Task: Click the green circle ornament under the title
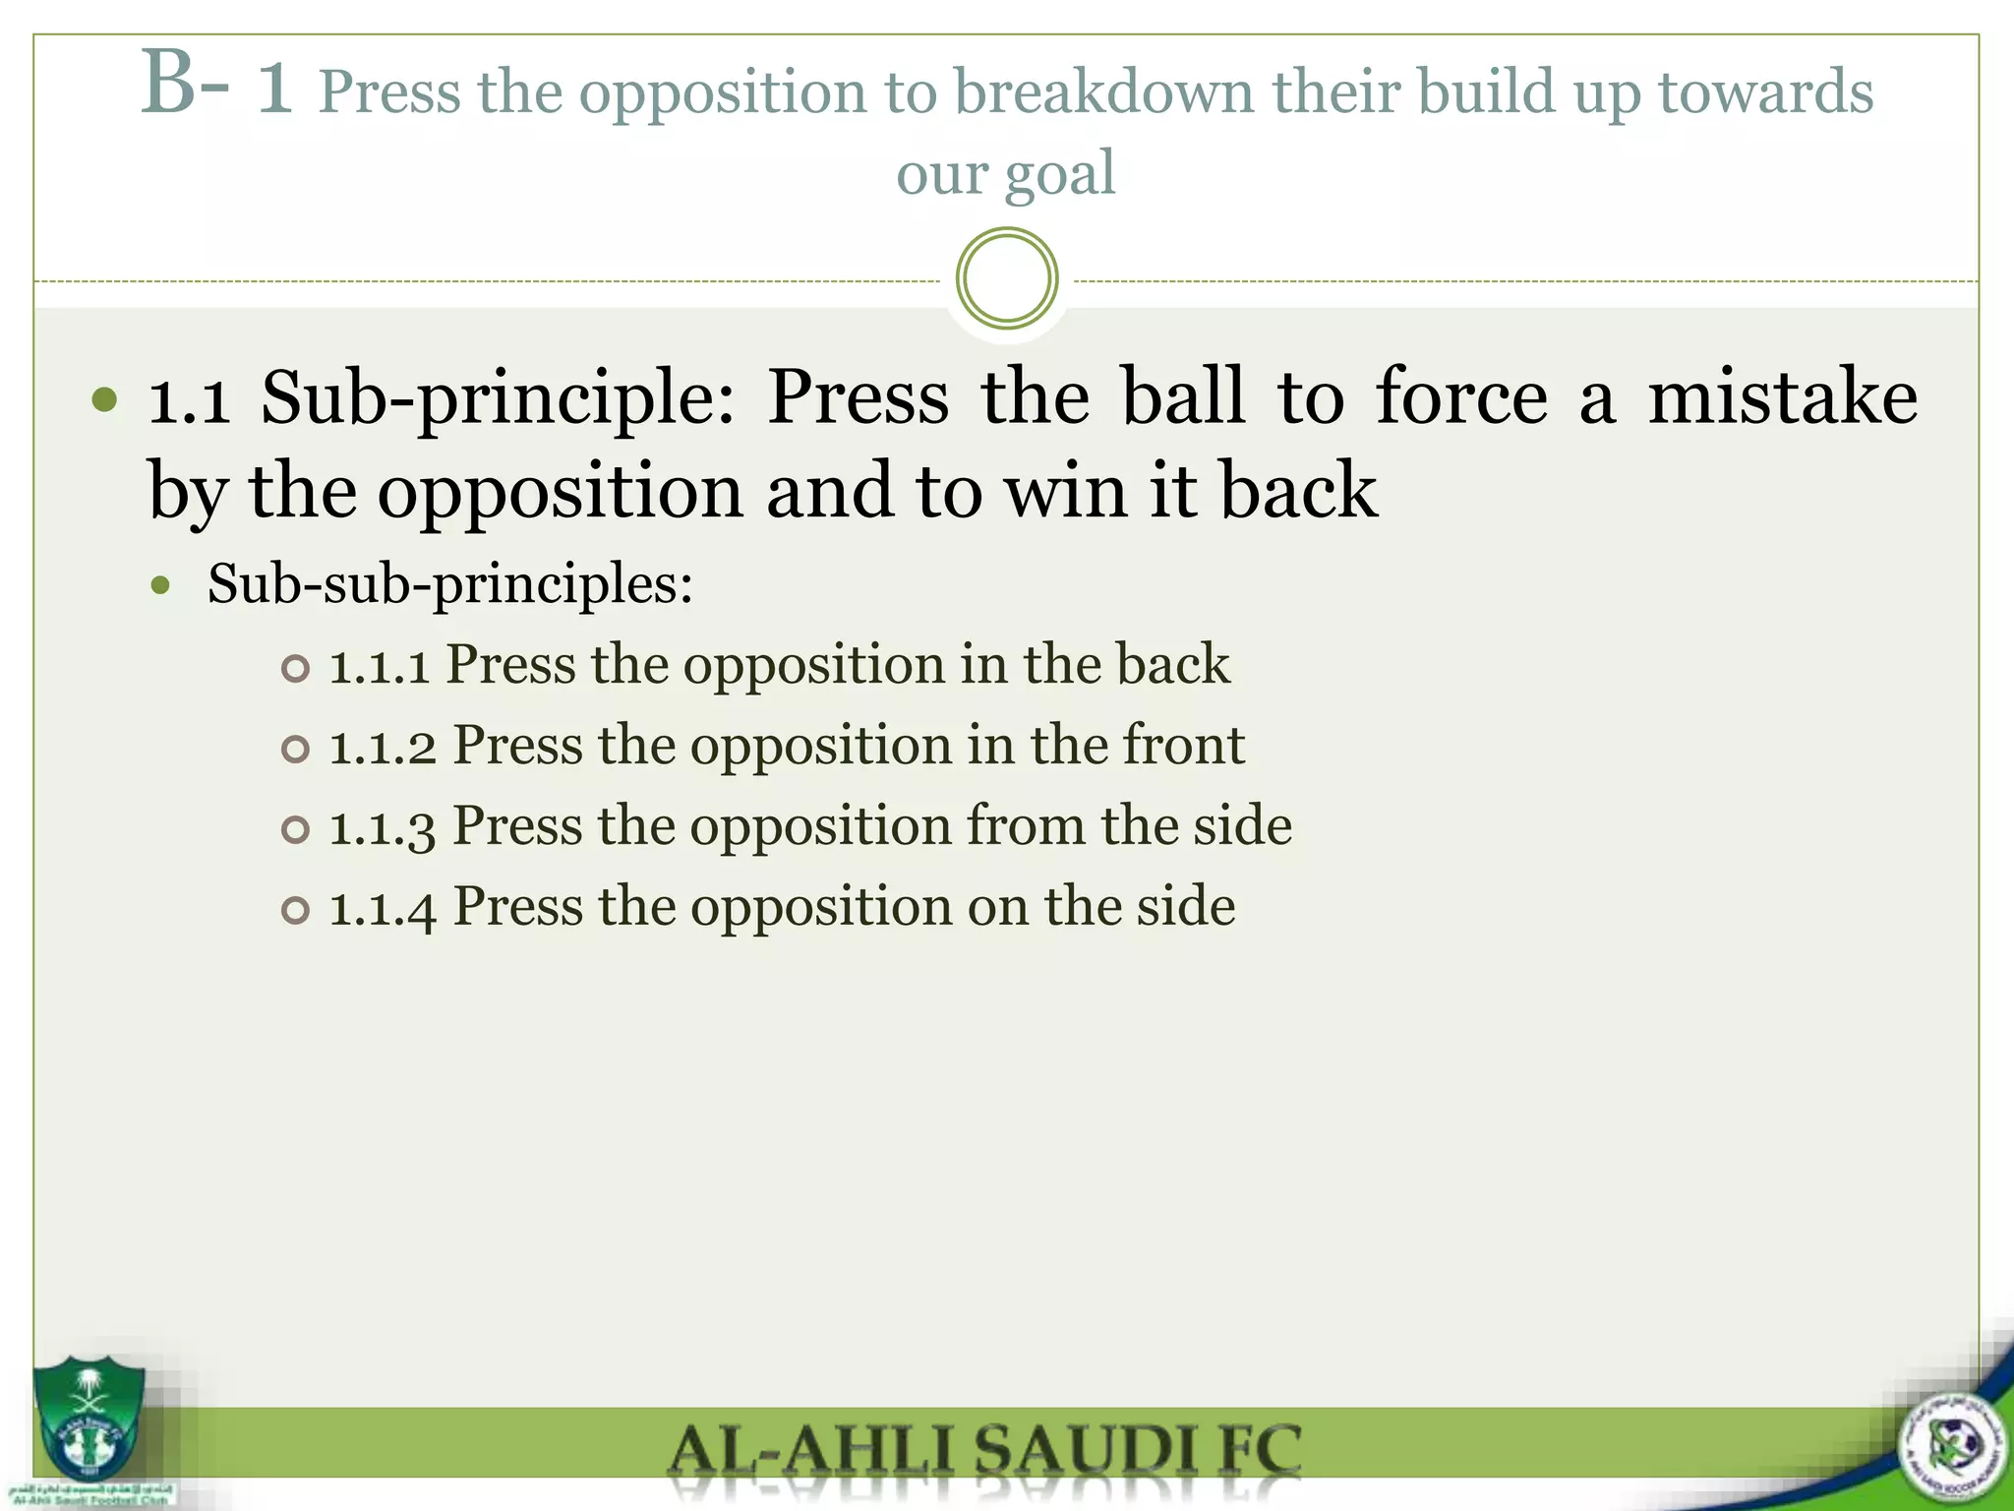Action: (1006, 278)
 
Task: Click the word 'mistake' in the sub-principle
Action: (1782, 396)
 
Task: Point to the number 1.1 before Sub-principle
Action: (190, 398)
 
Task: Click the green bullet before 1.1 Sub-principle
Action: (104, 400)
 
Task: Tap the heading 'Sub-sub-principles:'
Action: (450, 583)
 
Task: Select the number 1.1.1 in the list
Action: (379, 666)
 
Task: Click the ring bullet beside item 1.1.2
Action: (295, 750)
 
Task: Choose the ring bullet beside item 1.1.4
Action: (295, 911)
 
